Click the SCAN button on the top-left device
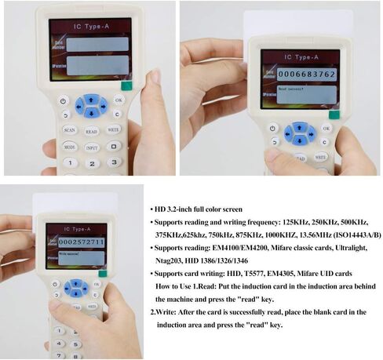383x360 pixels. point(69,129)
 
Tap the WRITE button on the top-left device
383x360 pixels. point(114,129)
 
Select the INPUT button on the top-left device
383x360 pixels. point(92,147)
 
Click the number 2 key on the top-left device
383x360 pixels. point(92,163)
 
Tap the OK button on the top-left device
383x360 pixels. point(119,100)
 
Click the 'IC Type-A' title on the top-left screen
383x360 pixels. point(88,27)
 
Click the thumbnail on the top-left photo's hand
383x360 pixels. point(154,77)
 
